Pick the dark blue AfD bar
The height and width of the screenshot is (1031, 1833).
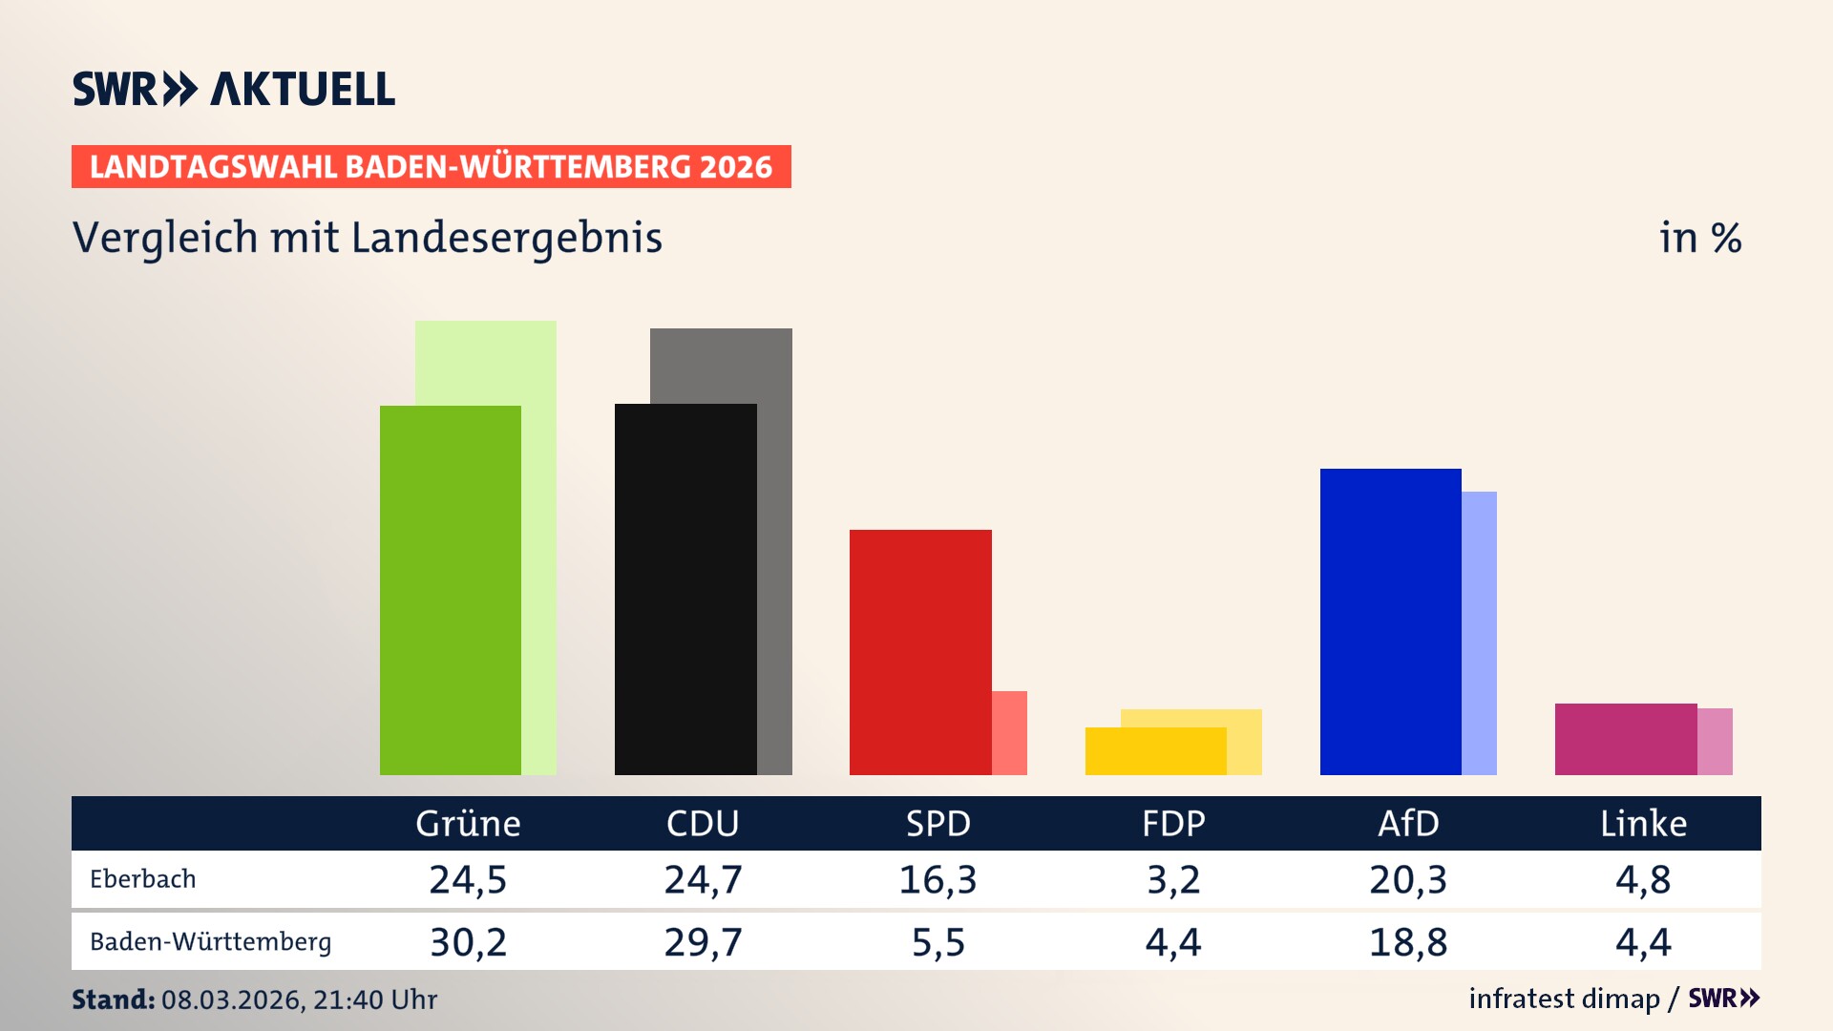click(1390, 621)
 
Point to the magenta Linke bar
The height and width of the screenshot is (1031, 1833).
click(1626, 739)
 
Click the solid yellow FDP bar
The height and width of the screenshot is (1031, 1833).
click(1155, 751)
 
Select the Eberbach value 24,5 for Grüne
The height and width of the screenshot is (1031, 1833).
click(468, 879)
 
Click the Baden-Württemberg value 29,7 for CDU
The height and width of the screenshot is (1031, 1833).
click(703, 942)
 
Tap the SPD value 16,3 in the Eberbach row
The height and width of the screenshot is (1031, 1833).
click(938, 879)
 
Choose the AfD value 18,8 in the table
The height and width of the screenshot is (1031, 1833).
click(1408, 942)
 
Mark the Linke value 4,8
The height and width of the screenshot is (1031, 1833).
click(1643, 879)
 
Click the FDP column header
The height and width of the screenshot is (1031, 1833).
click(1173, 823)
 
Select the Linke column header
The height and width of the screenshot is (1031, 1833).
click(1643, 823)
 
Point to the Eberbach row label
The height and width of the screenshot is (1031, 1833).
click(143, 879)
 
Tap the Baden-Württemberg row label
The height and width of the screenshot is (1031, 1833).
click(211, 942)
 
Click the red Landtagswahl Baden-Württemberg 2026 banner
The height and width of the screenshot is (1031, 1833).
click(431, 167)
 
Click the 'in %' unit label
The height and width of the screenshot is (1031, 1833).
click(1699, 239)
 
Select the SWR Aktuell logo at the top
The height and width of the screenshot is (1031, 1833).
click(234, 89)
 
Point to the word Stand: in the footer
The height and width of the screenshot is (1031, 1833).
click(113, 999)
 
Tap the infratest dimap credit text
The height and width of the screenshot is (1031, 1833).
click(1564, 999)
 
